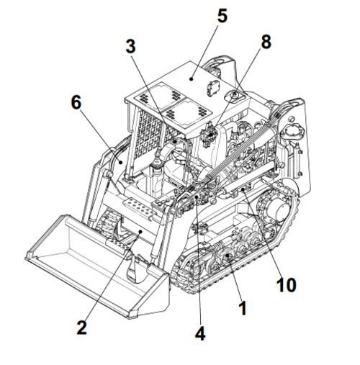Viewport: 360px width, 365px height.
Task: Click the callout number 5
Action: pos(222,15)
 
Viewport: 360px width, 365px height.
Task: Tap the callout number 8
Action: pos(266,42)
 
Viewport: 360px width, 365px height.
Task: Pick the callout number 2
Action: pos(81,328)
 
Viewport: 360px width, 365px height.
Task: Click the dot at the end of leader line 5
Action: pos(192,80)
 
